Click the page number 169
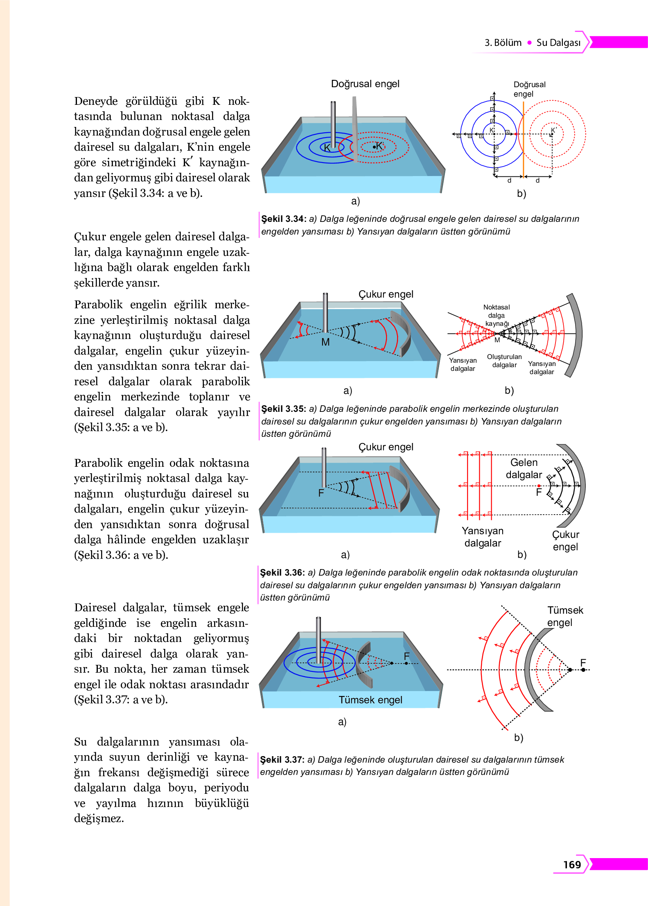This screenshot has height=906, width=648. pyautogui.click(x=572, y=864)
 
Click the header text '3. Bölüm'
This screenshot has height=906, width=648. pyautogui.click(x=503, y=43)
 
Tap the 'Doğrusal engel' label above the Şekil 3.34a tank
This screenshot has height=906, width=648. pyautogui.click(x=365, y=84)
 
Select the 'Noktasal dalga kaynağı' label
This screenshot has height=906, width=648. pyautogui.click(x=497, y=315)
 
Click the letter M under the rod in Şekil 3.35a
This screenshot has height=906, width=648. pyautogui.click(x=325, y=342)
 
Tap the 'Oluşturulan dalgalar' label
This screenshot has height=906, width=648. pyautogui.click(x=504, y=361)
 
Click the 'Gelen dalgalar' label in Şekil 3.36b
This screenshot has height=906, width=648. pyautogui.click(x=524, y=468)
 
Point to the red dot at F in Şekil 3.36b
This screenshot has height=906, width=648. pyautogui.click(x=539, y=486)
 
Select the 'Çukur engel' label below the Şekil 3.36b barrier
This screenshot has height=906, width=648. pyautogui.click(x=565, y=540)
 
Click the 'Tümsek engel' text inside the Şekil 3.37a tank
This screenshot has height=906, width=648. pyautogui.click(x=370, y=700)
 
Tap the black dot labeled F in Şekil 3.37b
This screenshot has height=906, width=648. pyautogui.click(x=583, y=670)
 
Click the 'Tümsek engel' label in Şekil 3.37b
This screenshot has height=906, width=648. pyautogui.click(x=564, y=616)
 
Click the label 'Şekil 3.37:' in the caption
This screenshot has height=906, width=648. pyautogui.click(x=282, y=760)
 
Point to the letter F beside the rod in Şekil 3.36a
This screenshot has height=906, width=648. pyautogui.click(x=321, y=493)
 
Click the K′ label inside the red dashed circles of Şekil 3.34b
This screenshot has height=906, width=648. pyautogui.click(x=554, y=130)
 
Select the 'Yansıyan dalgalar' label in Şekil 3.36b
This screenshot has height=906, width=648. pyautogui.click(x=483, y=537)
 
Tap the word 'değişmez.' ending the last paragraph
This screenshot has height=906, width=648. pyautogui.click(x=99, y=818)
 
